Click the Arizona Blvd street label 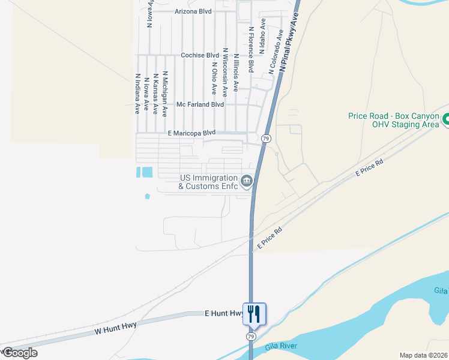193,11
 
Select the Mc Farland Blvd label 200,104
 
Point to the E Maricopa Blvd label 191,133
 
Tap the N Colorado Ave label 276,52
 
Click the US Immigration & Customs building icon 246,181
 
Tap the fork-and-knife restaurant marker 253,313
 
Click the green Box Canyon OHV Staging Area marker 445,120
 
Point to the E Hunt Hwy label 223,313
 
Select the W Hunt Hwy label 115,327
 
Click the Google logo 20,352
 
